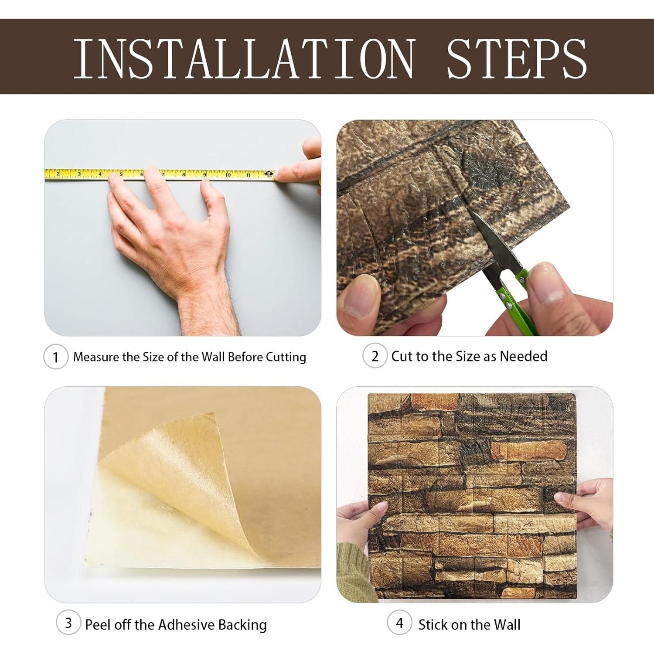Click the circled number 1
pos(56,357)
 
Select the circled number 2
pos(375,356)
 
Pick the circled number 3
pos(68,623)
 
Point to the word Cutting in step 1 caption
pos(286,358)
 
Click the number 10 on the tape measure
pos(228,175)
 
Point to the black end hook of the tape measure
pos(270,174)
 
